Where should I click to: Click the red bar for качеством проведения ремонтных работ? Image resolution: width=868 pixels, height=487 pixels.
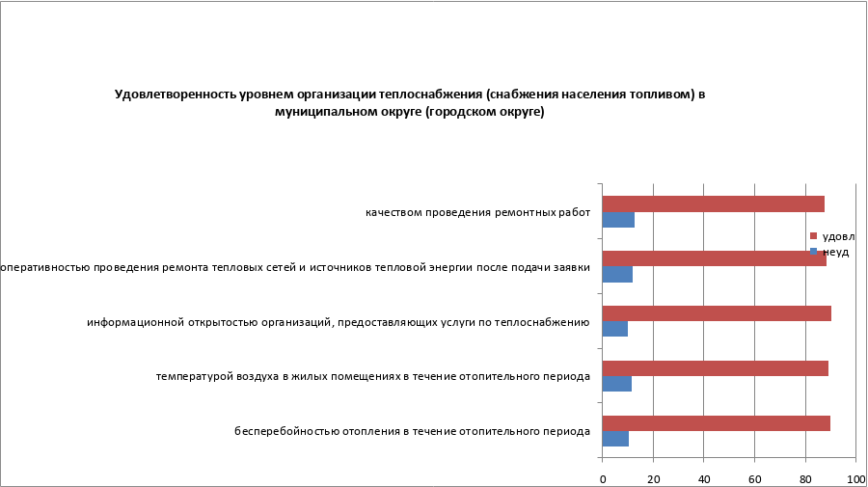713,203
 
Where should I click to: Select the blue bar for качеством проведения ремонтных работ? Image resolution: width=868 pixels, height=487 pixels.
618,220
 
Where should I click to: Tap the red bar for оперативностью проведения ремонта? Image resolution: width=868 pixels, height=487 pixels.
714,258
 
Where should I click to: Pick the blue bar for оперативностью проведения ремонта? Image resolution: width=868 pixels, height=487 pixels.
617,275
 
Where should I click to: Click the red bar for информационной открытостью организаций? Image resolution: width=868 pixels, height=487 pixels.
717,313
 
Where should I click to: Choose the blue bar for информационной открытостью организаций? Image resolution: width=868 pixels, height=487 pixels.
615,329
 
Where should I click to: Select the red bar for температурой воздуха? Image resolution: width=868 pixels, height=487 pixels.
715,368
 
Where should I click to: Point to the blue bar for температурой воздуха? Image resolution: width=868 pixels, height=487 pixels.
617,384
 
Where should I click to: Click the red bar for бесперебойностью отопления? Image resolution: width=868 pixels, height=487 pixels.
716,422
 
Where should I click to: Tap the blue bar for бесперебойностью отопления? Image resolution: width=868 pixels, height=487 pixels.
615,439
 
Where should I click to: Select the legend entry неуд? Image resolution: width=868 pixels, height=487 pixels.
833,252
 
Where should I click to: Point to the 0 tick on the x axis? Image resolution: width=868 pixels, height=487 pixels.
603,477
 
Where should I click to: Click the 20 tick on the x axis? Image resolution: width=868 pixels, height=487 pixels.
653,477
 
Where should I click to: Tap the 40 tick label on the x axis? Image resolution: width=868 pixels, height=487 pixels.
704,477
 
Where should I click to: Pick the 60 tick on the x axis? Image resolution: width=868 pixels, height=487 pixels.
755,477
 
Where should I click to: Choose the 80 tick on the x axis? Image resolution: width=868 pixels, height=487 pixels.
805,477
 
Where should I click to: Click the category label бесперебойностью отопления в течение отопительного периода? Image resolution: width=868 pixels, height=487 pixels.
412,431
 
